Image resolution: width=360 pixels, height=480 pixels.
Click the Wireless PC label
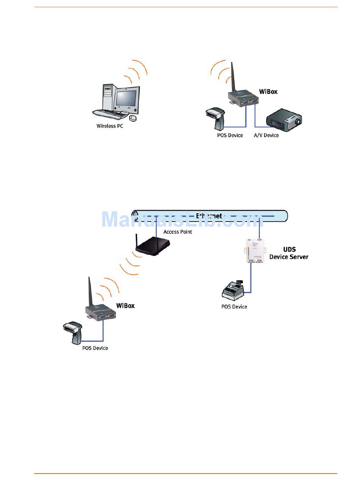(x=110, y=126)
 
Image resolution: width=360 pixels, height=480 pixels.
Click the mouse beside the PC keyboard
(x=133, y=118)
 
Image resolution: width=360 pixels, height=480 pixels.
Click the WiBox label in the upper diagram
(x=268, y=91)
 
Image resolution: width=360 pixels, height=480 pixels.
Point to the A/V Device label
(x=266, y=135)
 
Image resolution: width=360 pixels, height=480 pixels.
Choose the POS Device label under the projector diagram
(x=230, y=135)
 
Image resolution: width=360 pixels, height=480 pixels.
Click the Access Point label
(x=178, y=232)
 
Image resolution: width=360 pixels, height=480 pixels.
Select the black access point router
(x=151, y=248)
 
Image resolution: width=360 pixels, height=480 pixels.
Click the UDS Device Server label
(x=289, y=253)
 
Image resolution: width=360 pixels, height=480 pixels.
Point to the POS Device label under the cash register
(x=234, y=306)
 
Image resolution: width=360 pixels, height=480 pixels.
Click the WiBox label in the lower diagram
(x=125, y=305)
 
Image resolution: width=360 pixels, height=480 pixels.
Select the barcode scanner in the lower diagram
(x=73, y=331)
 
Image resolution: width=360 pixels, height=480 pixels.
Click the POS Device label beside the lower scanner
(x=95, y=348)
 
